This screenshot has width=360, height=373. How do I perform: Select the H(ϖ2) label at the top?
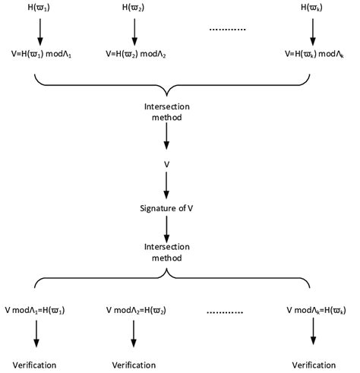coord(134,9)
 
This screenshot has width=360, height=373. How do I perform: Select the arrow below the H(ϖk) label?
coord(313,31)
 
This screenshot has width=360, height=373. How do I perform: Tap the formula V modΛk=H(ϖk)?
coord(314,311)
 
